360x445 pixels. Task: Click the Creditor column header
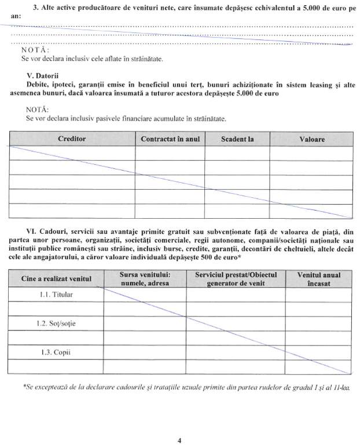pos(72,139)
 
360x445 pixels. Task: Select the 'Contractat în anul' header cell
pos(170,139)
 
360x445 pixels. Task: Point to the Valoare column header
pos(312,139)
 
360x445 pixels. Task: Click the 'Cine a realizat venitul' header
pos(57,279)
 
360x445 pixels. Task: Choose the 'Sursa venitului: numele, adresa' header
pos(144,279)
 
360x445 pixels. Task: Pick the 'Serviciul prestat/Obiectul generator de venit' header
pos(236,279)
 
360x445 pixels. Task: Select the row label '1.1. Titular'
pos(57,295)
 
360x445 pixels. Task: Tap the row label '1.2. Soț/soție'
pos(57,323)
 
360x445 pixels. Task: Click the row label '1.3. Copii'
pos(57,351)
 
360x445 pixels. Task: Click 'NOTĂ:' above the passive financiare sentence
pos(38,108)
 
